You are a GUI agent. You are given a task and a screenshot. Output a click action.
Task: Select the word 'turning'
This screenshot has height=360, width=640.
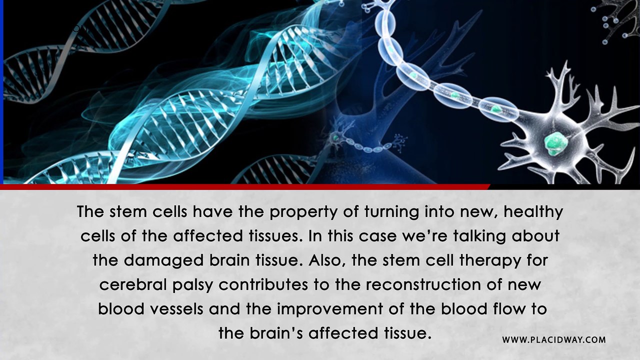(x=391, y=212)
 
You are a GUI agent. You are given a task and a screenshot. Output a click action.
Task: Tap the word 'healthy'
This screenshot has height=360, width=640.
(x=533, y=212)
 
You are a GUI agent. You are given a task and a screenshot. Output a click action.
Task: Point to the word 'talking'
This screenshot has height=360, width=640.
(x=479, y=236)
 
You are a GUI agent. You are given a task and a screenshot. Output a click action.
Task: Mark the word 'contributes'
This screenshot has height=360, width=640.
(x=263, y=284)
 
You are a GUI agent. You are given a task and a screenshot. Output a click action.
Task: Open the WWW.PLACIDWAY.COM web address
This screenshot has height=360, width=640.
(x=554, y=340)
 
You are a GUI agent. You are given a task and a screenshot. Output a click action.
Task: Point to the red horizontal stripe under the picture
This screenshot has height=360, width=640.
(x=245, y=187)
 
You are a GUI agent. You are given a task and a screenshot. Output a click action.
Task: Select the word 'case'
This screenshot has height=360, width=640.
(x=377, y=237)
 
